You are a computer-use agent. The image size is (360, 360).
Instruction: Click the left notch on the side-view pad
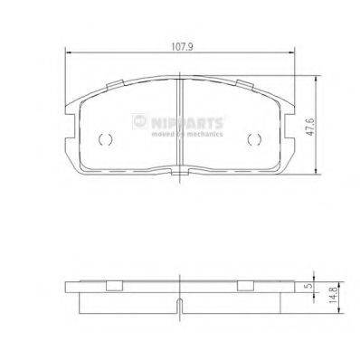[114, 287]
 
